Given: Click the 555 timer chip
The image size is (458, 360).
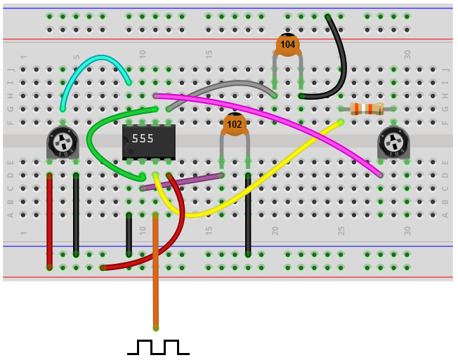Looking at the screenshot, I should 148,140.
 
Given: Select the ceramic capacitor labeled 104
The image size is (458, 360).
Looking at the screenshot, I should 287,45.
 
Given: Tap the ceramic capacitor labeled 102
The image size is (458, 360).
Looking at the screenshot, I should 234,124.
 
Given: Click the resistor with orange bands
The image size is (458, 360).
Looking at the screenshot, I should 366,109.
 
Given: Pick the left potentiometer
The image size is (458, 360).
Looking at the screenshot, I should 63,143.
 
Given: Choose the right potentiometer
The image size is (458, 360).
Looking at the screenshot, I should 393,143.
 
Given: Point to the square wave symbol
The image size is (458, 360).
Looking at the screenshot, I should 158,347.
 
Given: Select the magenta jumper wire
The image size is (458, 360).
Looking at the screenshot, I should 281,119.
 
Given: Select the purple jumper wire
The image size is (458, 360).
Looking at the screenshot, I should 183,182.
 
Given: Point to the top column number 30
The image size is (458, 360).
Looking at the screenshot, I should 407,53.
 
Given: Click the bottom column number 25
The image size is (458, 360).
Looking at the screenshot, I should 341,230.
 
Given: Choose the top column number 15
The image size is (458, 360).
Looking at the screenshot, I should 208,53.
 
